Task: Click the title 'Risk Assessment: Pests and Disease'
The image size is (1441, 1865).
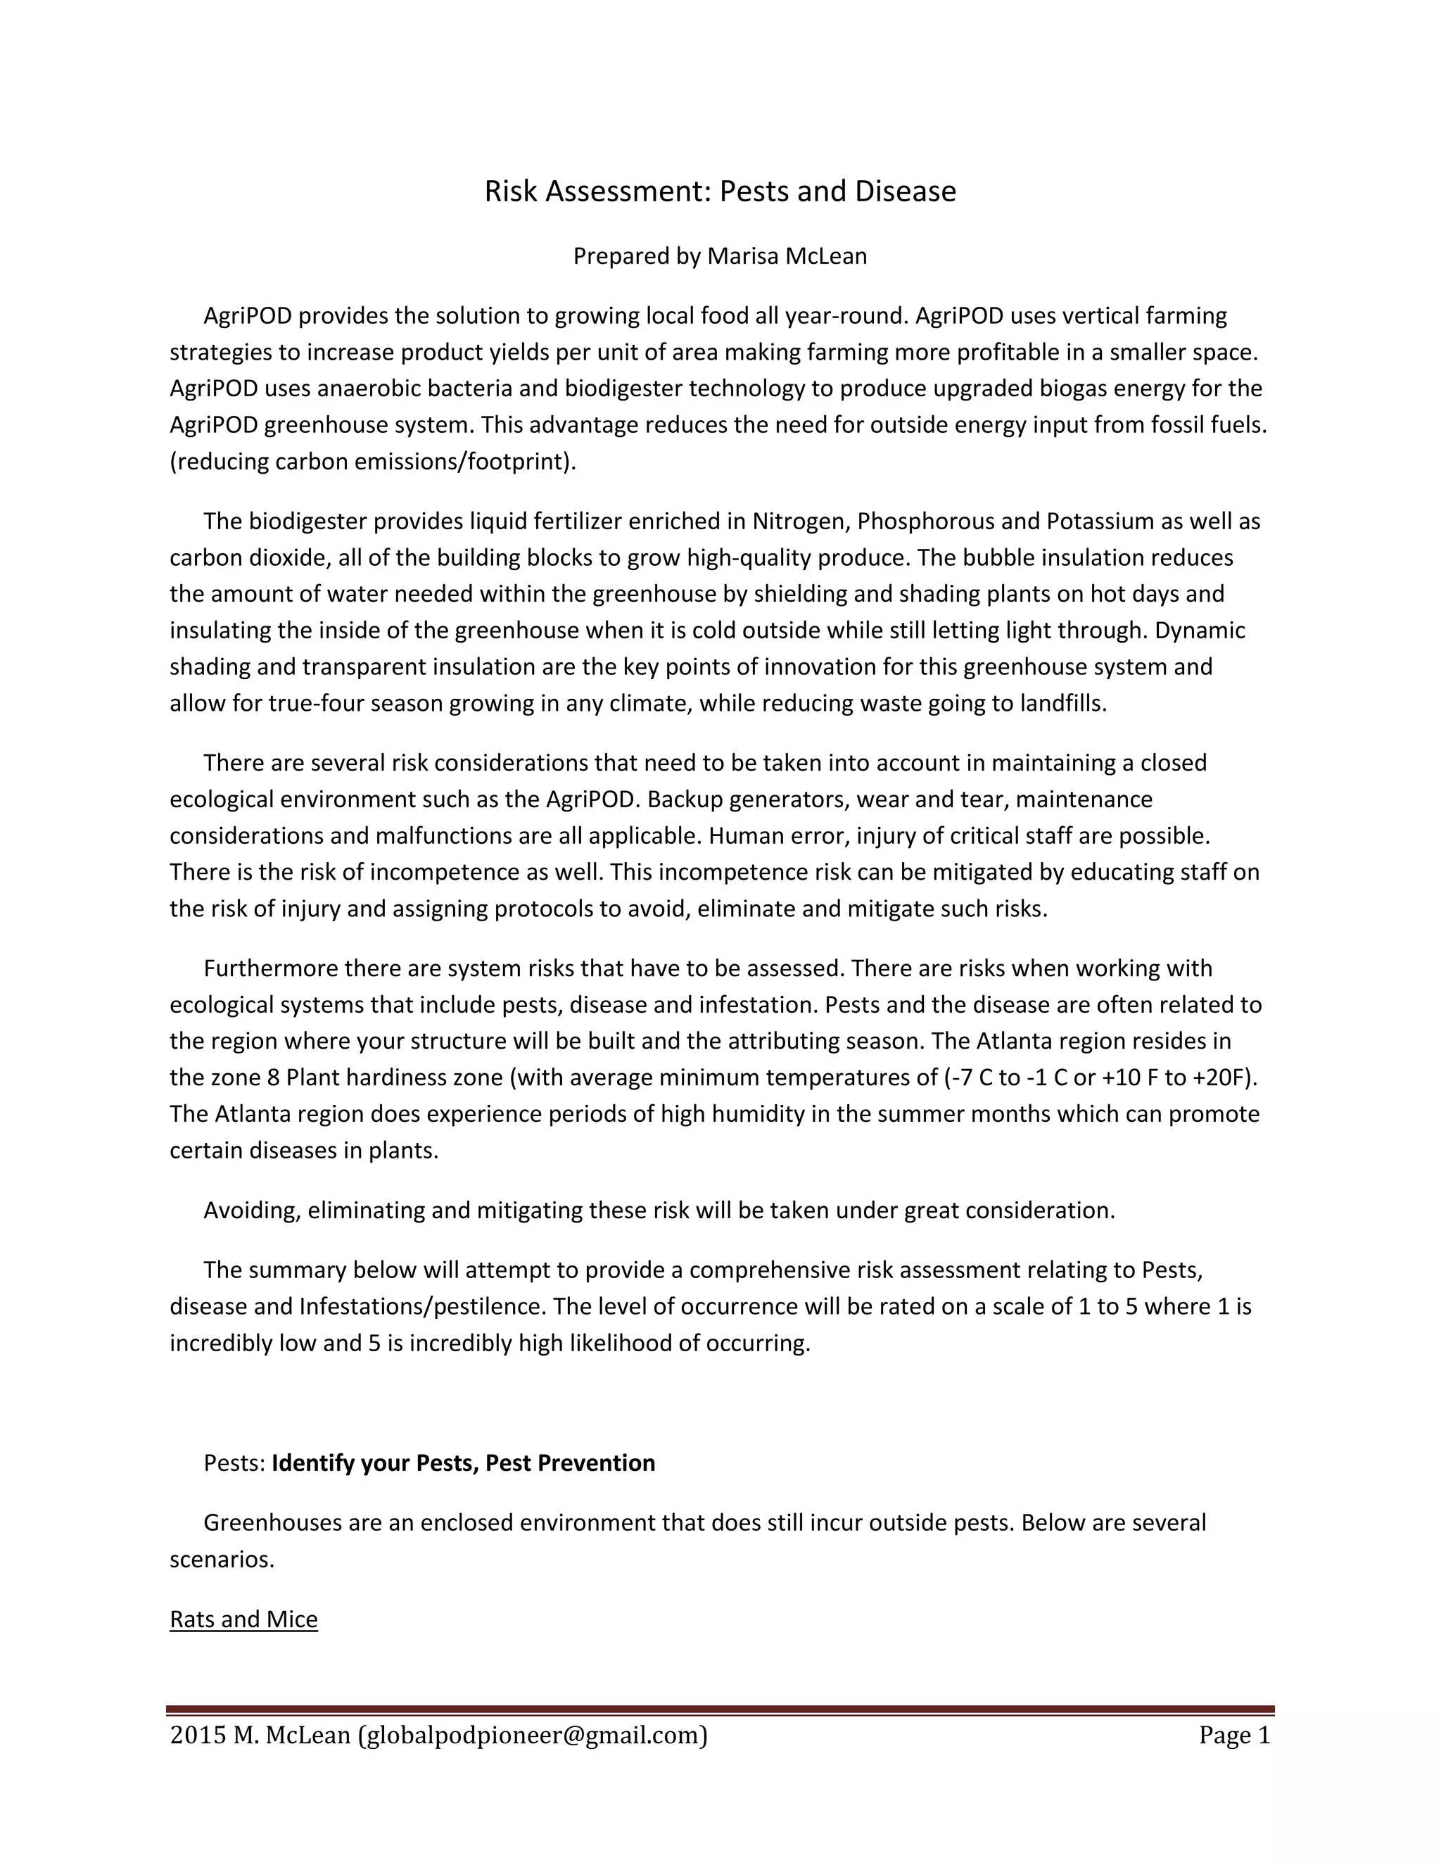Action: [x=720, y=191]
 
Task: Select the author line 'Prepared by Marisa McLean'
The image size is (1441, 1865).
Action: [x=720, y=256]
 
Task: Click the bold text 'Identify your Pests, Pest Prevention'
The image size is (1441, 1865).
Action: [x=463, y=1463]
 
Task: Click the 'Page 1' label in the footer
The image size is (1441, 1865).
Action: [x=1234, y=1736]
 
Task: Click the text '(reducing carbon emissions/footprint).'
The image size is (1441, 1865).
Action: [x=373, y=461]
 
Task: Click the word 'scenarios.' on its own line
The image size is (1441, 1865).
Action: [x=222, y=1560]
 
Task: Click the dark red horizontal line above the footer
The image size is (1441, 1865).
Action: [x=720, y=1709]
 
